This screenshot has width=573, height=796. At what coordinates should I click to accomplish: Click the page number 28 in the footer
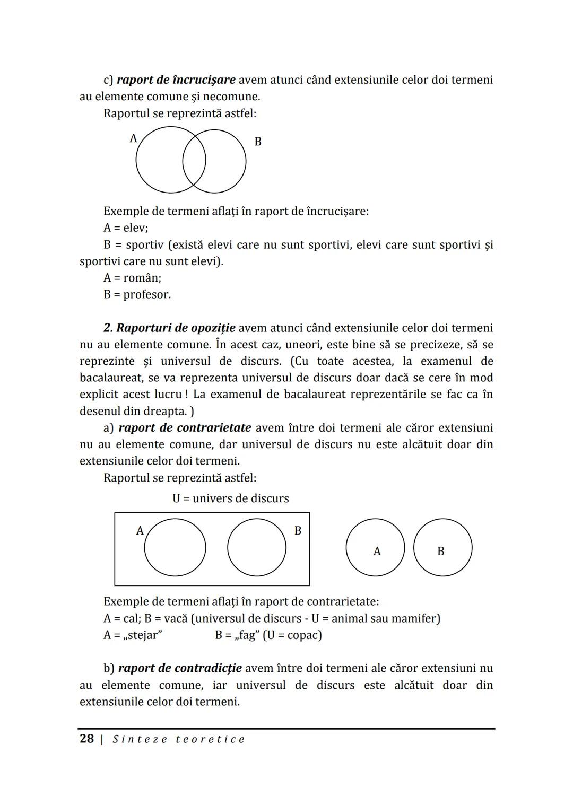[x=86, y=739]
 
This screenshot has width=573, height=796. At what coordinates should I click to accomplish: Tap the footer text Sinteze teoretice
[x=179, y=739]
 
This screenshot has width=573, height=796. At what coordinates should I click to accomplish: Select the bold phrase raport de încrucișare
[x=176, y=80]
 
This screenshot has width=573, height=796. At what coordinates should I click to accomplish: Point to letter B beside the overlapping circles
[x=258, y=142]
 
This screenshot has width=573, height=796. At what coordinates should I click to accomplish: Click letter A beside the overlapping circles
[x=133, y=138]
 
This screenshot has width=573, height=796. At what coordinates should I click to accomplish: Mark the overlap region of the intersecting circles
[x=194, y=161]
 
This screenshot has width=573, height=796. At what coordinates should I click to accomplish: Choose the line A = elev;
[x=126, y=228]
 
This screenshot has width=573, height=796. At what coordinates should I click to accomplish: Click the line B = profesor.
[x=137, y=294]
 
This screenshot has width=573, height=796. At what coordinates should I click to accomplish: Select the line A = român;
[x=132, y=278]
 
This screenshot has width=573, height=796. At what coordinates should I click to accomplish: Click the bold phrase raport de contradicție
[x=180, y=668]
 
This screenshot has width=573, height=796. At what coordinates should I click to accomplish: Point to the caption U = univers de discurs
[x=231, y=498]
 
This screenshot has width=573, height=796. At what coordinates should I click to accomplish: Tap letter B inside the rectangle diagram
[x=298, y=531]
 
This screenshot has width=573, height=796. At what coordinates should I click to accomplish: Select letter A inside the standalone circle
[x=377, y=552]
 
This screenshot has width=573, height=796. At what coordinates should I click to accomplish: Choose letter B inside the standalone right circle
[x=440, y=552]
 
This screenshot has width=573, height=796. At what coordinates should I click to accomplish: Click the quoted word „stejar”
[x=143, y=635]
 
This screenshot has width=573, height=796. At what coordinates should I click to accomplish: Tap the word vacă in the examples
[x=172, y=618]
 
